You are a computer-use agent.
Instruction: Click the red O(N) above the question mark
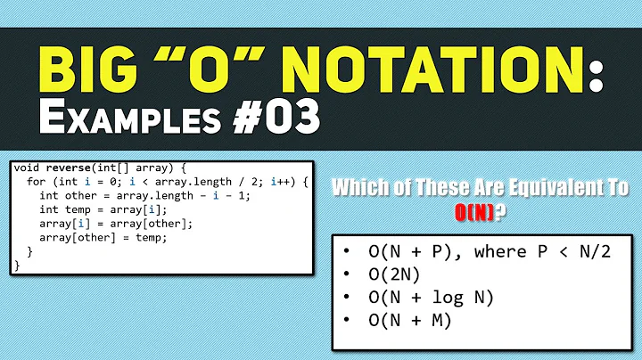[481, 212]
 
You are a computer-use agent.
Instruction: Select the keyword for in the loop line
[37, 183]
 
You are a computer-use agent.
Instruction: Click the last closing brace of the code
[16, 265]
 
